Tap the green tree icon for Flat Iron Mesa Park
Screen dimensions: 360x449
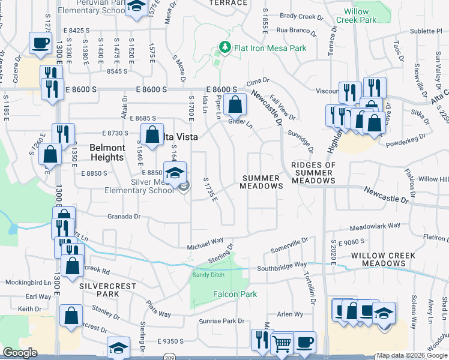tap(225, 47)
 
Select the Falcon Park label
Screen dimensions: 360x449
tap(235, 294)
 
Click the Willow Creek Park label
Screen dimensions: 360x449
tap(361, 16)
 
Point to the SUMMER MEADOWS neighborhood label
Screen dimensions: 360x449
tap(262, 182)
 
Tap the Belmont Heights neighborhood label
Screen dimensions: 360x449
tap(107, 152)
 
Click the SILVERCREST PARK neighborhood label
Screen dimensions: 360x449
tap(108, 290)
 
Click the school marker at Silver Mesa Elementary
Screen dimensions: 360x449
tap(175, 174)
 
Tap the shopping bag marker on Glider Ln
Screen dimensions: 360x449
tap(237, 105)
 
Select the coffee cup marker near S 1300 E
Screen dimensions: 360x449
tap(41, 44)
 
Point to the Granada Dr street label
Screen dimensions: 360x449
tap(124, 216)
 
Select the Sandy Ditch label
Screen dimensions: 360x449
tap(208, 275)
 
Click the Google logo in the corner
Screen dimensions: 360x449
tap(20, 353)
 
